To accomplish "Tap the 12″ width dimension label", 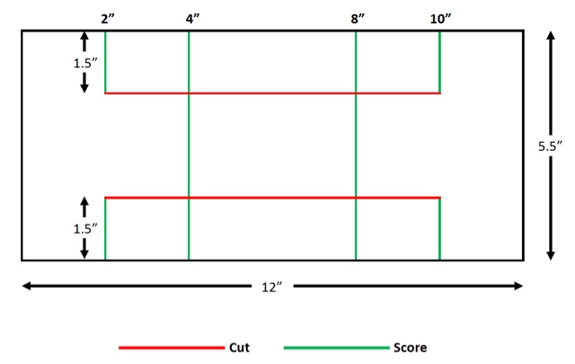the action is (x=272, y=287).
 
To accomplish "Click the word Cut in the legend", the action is (x=238, y=347).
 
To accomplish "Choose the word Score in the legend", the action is (x=409, y=347).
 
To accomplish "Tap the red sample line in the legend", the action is (x=172, y=347).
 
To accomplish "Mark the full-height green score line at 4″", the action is (x=189, y=144).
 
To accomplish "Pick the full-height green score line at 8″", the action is (x=356, y=144).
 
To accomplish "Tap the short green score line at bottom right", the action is (x=440, y=228).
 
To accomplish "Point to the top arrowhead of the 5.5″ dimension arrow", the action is (x=549, y=35).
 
